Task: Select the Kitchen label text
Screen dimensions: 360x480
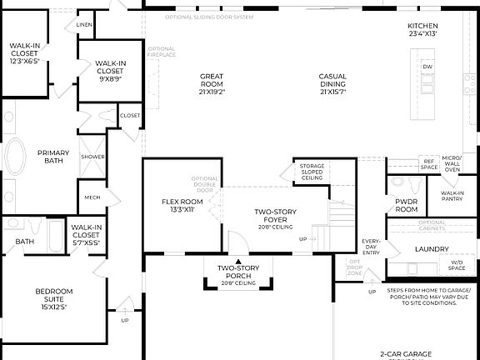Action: [x=417, y=29]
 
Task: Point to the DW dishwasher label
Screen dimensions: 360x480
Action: [x=427, y=67]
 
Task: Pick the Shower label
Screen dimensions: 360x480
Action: [x=92, y=157]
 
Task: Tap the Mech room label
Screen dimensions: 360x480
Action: [x=91, y=197]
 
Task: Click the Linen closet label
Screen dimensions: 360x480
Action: [x=84, y=25]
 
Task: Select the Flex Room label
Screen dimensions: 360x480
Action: [x=182, y=205]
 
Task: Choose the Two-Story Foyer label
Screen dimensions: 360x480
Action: [x=276, y=216]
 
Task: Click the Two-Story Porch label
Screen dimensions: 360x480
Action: [x=235, y=272]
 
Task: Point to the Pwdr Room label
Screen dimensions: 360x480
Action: [x=406, y=206]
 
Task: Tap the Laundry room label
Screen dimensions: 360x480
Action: [x=432, y=248]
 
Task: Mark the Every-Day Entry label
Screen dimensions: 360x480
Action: [x=371, y=246]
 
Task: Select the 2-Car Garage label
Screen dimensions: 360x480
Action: [x=406, y=353]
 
